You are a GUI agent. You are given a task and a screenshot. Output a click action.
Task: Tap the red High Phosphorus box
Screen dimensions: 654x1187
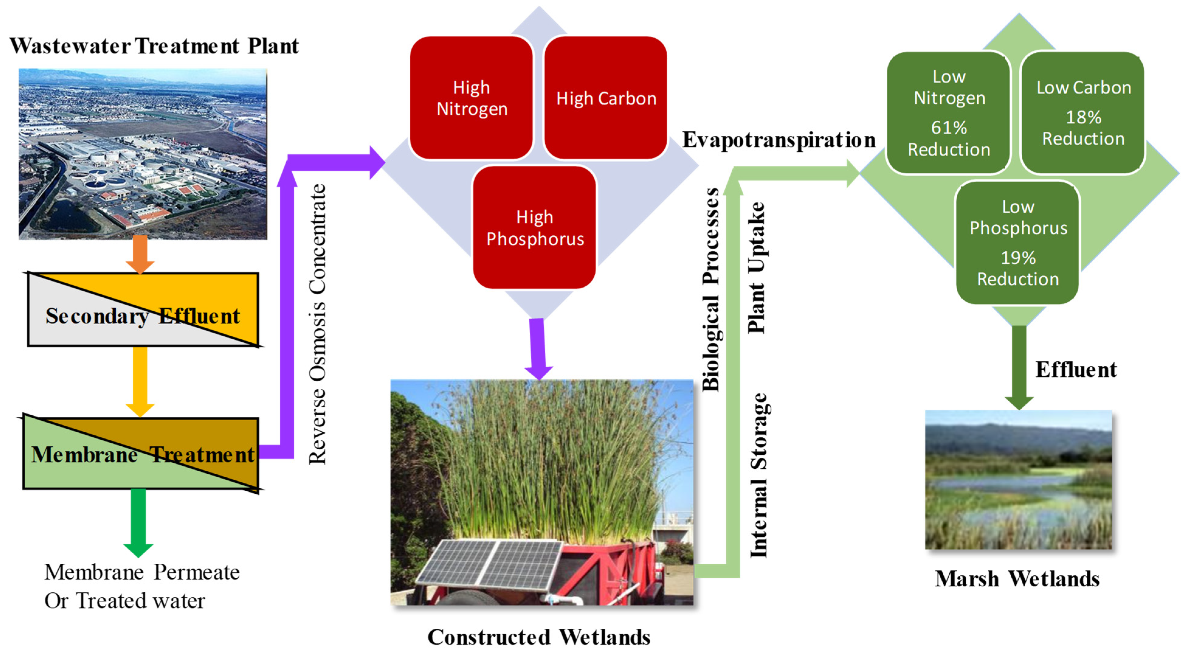pos(535,228)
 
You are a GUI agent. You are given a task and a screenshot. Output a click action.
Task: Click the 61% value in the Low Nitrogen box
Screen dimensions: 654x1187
pos(948,128)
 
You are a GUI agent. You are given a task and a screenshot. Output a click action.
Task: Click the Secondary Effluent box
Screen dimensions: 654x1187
pos(143,310)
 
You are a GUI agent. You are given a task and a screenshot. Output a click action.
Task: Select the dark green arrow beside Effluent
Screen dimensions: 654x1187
pos(1019,366)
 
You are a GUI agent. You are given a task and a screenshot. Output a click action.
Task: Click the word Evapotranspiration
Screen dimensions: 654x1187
pos(779,140)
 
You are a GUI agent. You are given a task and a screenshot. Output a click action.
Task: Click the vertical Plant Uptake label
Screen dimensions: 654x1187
pos(756,267)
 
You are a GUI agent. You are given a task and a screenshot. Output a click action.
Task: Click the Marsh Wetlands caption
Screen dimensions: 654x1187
pos(1017,579)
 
